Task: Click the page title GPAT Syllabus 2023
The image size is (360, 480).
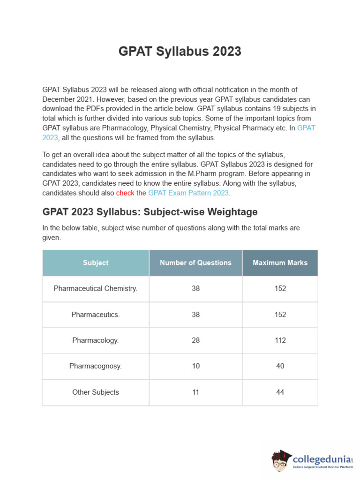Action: (180, 52)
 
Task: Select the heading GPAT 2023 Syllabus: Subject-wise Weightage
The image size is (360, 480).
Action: (150, 212)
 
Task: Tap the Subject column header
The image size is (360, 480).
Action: (96, 263)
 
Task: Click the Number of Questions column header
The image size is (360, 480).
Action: (195, 263)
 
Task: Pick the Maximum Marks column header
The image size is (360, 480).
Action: (280, 263)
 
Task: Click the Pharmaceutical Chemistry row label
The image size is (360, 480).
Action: (96, 289)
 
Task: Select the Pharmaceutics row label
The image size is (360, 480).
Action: (96, 315)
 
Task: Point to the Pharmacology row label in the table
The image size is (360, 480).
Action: (96, 340)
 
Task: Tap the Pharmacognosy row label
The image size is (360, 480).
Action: (96, 366)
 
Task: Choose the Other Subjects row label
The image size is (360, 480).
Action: (96, 392)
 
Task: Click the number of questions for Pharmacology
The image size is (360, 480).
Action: (195, 340)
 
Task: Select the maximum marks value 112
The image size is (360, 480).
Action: (280, 340)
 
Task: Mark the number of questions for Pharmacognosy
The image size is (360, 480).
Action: (195, 366)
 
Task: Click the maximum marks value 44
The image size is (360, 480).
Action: (280, 392)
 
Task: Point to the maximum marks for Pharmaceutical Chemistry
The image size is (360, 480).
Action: (280, 289)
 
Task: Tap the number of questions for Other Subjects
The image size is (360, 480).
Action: (195, 392)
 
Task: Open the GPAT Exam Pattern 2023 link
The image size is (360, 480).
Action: (188, 193)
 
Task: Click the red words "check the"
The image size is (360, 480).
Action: (131, 193)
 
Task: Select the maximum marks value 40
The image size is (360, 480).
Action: (280, 366)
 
